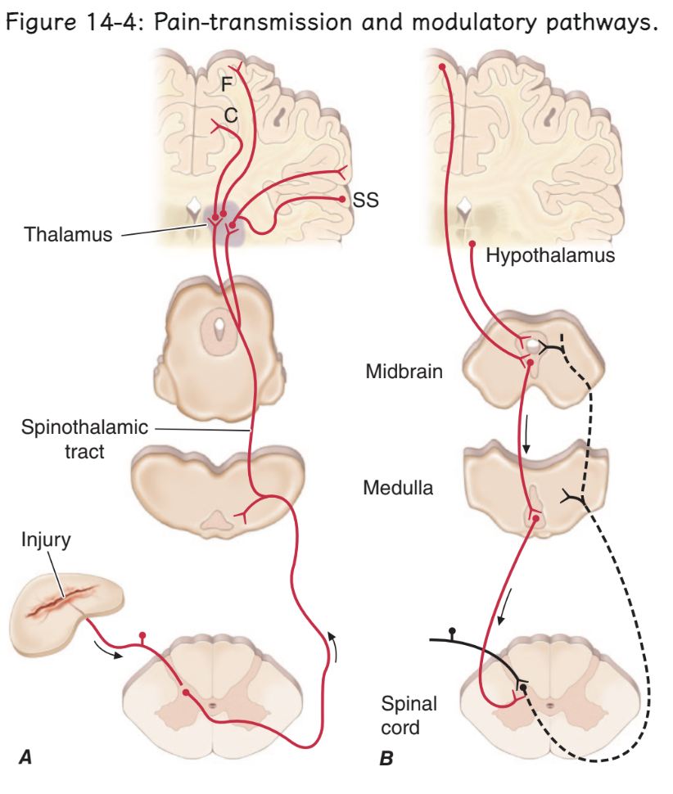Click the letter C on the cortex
pyautogui.click(x=232, y=116)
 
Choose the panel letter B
pyautogui.click(x=386, y=759)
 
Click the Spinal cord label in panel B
pyautogui.click(x=403, y=715)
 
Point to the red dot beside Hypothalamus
pyautogui.click(x=472, y=244)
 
